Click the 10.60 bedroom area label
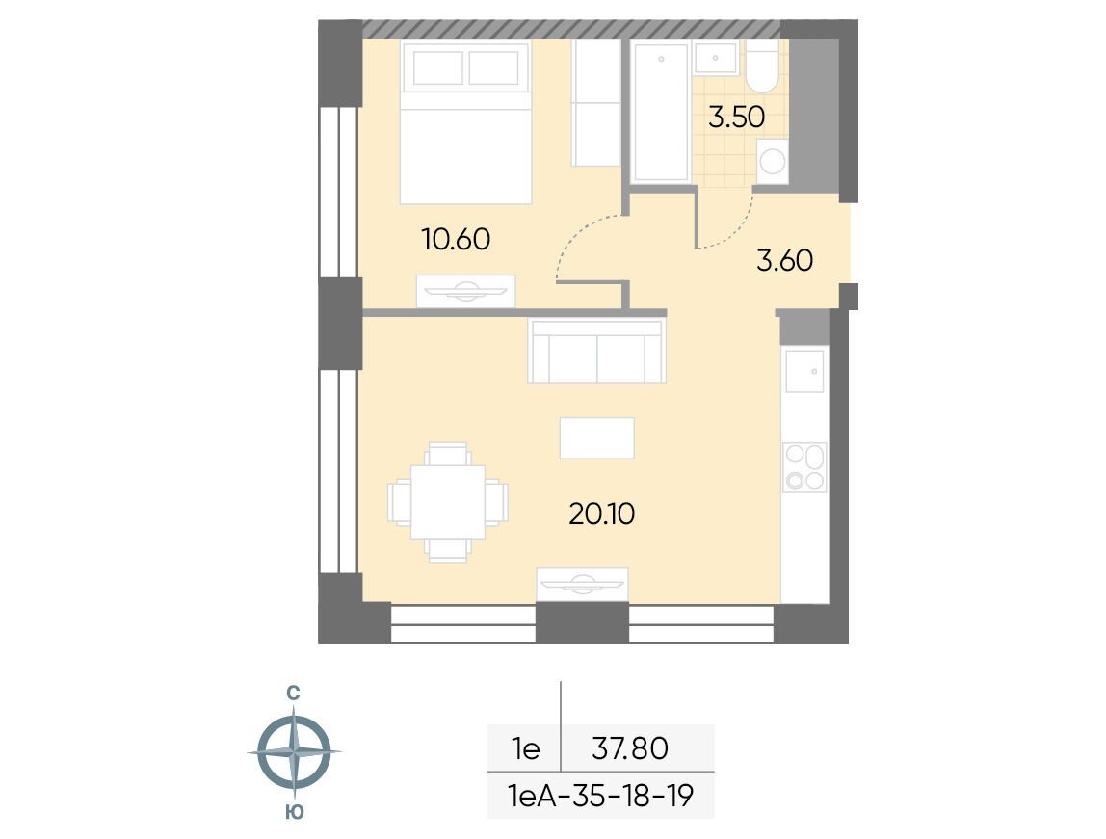click(456, 240)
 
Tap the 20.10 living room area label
click(602, 514)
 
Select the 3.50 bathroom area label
click(736, 118)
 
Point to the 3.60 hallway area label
click(784, 261)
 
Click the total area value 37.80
click(630, 748)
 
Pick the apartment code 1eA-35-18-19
click(601, 796)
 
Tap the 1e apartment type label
click(526, 748)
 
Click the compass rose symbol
click(294, 751)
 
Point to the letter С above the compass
click(294, 694)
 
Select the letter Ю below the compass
click(295, 812)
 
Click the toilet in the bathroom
click(762, 66)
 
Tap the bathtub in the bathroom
click(661, 112)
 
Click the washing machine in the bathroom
click(773, 162)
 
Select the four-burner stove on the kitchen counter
click(804, 467)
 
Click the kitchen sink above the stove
click(804, 371)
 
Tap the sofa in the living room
click(596, 351)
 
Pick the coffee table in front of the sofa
click(596, 438)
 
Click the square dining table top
click(448, 502)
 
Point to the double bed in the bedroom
click(465, 122)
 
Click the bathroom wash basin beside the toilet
click(715, 58)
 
